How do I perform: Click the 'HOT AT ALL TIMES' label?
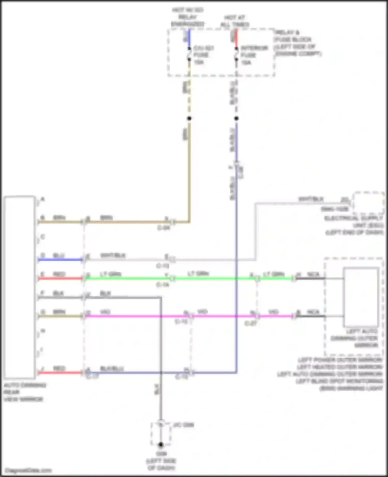click(235, 21)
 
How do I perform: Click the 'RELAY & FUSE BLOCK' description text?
click(297, 43)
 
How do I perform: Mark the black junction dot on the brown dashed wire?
click(189, 118)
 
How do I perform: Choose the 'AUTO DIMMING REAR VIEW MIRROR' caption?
click(24, 392)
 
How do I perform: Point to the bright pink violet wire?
click(137, 316)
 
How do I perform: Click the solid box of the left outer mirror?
click(361, 297)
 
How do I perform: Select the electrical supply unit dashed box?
click(368, 203)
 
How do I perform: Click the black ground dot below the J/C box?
click(161, 444)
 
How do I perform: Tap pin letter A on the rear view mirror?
click(43, 199)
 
